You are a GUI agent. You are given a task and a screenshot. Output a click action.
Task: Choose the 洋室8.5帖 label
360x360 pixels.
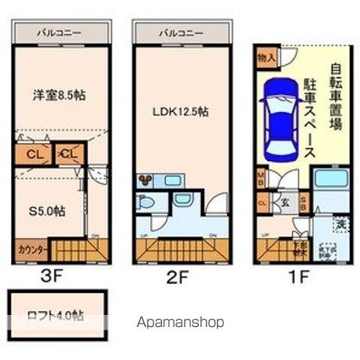[59, 96]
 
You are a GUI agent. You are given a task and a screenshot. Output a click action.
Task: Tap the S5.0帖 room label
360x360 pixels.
[47, 212]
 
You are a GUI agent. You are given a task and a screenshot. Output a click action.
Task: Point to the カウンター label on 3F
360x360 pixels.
[30, 250]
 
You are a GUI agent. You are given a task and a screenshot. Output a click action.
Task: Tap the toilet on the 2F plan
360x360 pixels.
[145, 207]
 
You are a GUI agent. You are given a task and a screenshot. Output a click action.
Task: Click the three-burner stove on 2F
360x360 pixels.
[145, 179]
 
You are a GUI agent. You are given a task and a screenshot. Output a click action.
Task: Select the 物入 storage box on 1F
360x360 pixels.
[264, 57]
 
